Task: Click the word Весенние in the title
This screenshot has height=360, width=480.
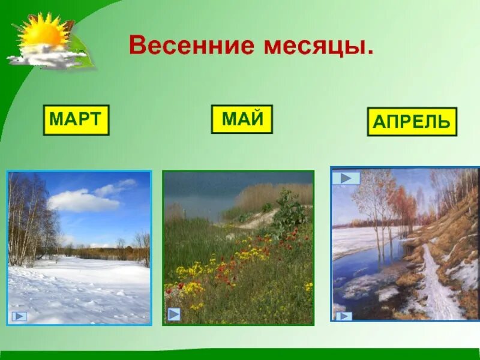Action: (x=191, y=46)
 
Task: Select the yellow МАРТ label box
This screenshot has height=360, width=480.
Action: (x=76, y=119)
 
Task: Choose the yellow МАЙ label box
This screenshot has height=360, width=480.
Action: (x=242, y=119)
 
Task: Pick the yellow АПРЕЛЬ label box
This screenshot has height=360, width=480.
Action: (x=412, y=122)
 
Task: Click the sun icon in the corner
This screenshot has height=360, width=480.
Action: (x=42, y=33)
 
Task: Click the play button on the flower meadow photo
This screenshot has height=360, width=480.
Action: (x=174, y=314)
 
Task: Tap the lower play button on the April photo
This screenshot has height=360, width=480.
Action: (x=344, y=316)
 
